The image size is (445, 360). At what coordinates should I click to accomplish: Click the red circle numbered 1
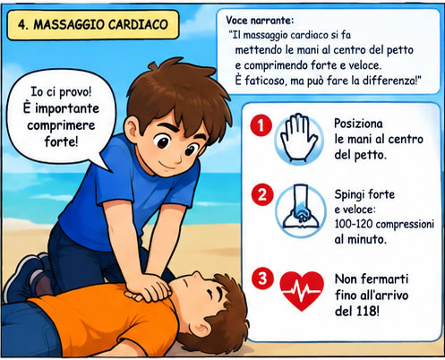tap(261, 125)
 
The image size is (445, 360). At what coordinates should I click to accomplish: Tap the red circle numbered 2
tap(262, 194)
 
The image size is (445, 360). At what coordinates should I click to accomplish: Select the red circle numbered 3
tap(262, 279)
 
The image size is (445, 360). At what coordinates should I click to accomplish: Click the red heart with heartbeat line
tap(302, 290)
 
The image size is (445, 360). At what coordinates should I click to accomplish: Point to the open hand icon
tap(298, 138)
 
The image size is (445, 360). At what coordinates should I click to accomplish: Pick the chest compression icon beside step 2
tap(301, 210)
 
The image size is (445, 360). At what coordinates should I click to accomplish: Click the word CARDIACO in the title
tap(138, 24)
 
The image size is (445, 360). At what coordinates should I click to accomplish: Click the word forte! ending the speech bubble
tap(61, 141)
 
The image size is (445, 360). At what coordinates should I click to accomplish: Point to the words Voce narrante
tap(260, 20)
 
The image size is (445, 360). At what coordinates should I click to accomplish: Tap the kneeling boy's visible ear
tap(132, 132)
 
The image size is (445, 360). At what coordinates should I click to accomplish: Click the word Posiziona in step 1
tap(358, 124)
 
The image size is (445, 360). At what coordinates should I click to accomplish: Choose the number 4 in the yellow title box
tap(21, 25)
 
